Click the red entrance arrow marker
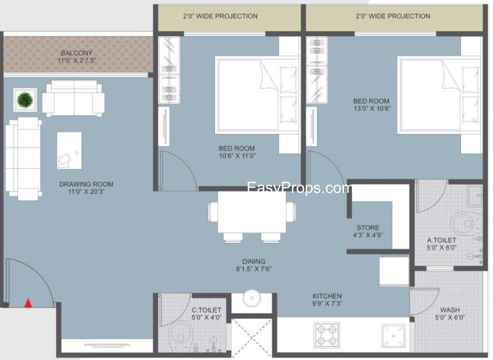pyautogui.click(x=28, y=303)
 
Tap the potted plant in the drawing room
pyautogui.click(x=25, y=100)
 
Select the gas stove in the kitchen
pyautogui.click(x=327, y=335)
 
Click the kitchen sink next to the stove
pyautogui.click(x=393, y=335)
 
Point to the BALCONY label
pyautogui.click(x=76, y=53)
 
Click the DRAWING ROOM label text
pyautogui.click(x=86, y=184)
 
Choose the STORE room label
pyautogui.click(x=368, y=227)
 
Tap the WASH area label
pyautogui.click(x=450, y=310)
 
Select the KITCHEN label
pyautogui.click(x=327, y=296)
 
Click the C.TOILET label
pyautogui.click(x=206, y=310)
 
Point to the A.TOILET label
pyautogui.click(x=441, y=240)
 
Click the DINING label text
pyautogui.click(x=254, y=261)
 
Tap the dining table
pyautogui.click(x=252, y=211)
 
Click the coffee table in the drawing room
pyautogui.click(x=70, y=150)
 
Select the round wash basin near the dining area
pyautogui.click(x=252, y=298)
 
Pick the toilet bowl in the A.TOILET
pyautogui.click(x=467, y=223)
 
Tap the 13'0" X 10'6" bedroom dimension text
pyautogui.click(x=372, y=108)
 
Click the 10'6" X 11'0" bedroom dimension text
pyautogui.click(x=237, y=155)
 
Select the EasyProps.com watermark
pyautogui.click(x=299, y=187)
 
